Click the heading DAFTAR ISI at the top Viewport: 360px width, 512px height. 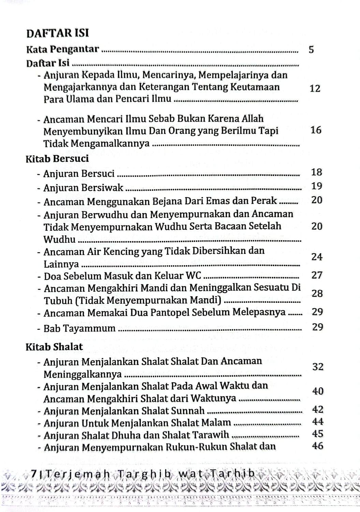click(x=57, y=33)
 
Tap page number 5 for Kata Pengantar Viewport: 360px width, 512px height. click(x=311, y=50)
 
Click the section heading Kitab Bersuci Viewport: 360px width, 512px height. click(x=57, y=159)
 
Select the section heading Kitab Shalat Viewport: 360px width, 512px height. click(x=54, y=347)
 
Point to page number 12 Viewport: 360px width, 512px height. click(x=315, y=89)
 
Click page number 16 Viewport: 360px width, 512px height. click(x=316, y=130)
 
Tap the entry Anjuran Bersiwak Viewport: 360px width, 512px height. click(x=83, y=188)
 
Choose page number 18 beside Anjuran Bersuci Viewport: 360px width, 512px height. click(x=317, y=172)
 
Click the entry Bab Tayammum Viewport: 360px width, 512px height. click(x=80, y=329)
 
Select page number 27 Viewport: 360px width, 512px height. click(x=317, y=275)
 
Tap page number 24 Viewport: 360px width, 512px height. click(x=317, y=257)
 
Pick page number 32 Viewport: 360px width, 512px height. click(x=317, y=367)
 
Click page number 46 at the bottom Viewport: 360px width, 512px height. click(x=317, y=446)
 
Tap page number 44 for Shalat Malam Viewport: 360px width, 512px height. click(x=317, y=422)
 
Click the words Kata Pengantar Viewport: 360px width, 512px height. click(x=62, y=50)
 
